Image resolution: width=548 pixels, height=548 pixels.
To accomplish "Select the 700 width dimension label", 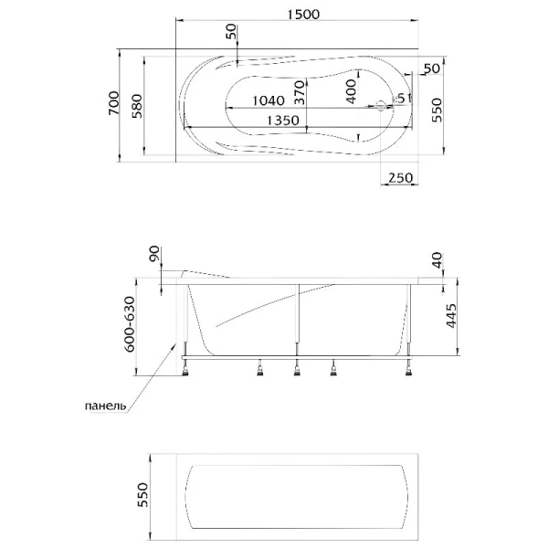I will (x=111, y=107).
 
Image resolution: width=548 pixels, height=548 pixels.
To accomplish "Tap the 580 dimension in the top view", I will (x=137, y=107).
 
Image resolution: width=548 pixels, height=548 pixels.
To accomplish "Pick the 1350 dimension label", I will (x=286, y=121).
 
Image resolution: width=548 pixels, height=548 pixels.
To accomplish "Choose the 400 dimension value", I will (x=352, y=90).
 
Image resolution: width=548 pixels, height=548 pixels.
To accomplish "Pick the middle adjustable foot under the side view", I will (x=297, y=369).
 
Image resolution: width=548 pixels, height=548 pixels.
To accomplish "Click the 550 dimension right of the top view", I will (x=437, y=111).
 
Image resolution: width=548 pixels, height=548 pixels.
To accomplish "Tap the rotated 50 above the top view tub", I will (x=231, y=35).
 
